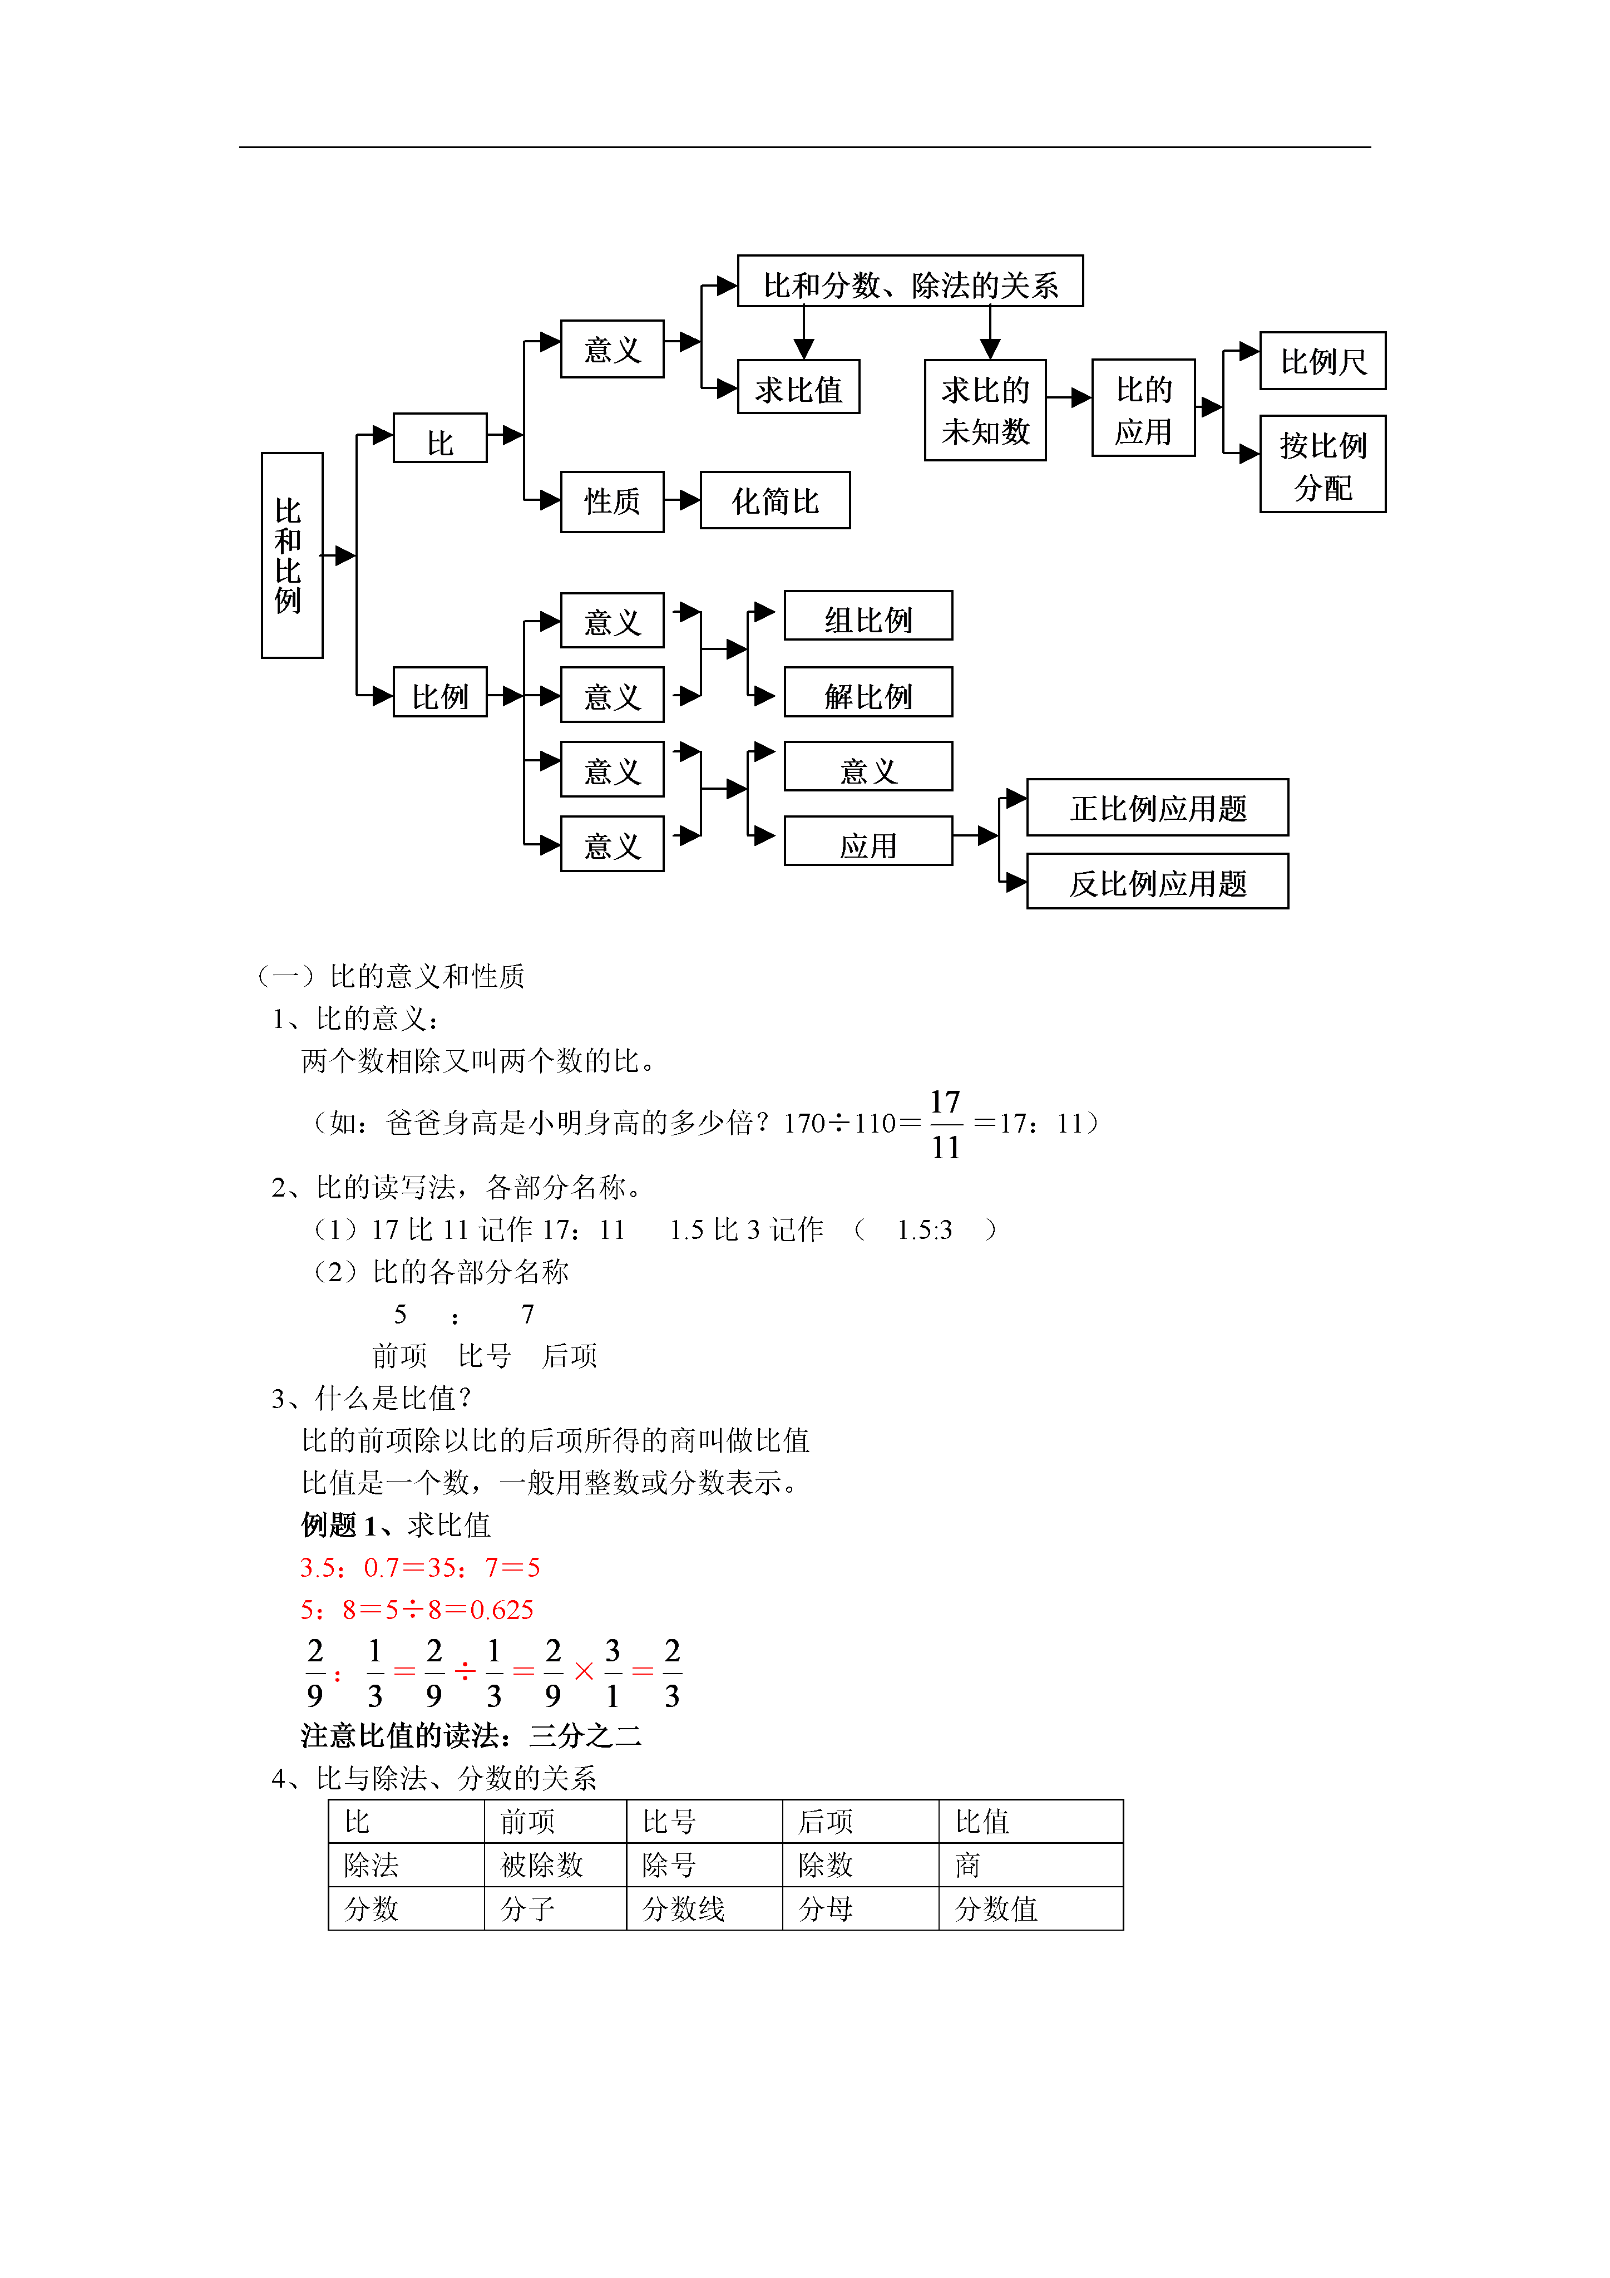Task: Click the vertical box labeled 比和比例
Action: coord(292,555)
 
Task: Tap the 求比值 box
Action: coord(798,387)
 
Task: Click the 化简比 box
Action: coord(775,500)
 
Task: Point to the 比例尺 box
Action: coord(1322,361)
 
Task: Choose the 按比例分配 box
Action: coord(1322,464)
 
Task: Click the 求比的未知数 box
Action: coord(985,410)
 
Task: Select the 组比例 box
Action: coord(868,616)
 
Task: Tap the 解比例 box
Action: coord(868,692)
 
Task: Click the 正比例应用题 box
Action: coord(1158,808)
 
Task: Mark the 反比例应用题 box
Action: coord(1158,881)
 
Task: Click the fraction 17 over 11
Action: coord(945,1124)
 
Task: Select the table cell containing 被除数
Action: coord(556,1865)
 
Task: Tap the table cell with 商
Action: coord(1031,1865)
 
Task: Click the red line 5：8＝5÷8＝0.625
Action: coord(417,1609)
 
